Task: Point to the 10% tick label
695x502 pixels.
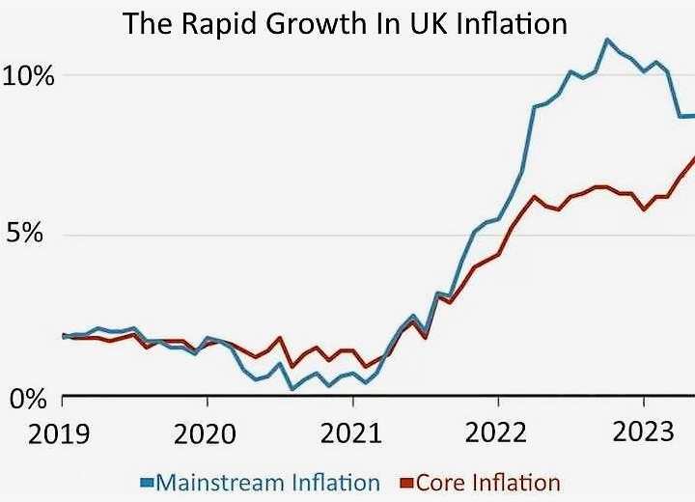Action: (x=28, y=75)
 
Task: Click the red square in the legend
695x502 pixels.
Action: (x=408, y=481)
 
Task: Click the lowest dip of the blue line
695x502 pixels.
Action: (x=292, y=389)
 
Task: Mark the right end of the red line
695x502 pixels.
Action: (x=693, y=158)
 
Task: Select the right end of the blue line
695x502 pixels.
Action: (x=693, y=116)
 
